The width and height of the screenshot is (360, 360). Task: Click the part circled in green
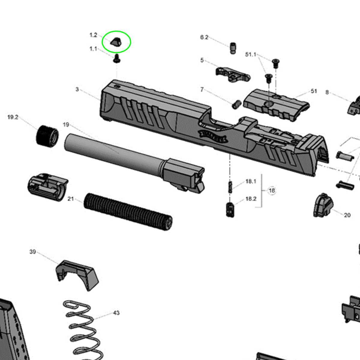click(x=116, y=42)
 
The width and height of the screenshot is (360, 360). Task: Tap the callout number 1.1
click(x=93, y=49)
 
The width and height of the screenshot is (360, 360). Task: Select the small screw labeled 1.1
click(x=117, y=58)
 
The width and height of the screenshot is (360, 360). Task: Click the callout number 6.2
click(x=204, y=37)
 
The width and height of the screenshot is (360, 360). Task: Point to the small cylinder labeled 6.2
click(x=232, y=48)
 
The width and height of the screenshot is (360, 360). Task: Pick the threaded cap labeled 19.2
click(x=47, y=136)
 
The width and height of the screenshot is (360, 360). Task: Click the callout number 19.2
click(x=13, y=117)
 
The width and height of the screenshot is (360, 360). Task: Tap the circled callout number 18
click(x=271, y=190)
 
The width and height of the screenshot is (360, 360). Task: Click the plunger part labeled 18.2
click(x=230, y=210)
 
